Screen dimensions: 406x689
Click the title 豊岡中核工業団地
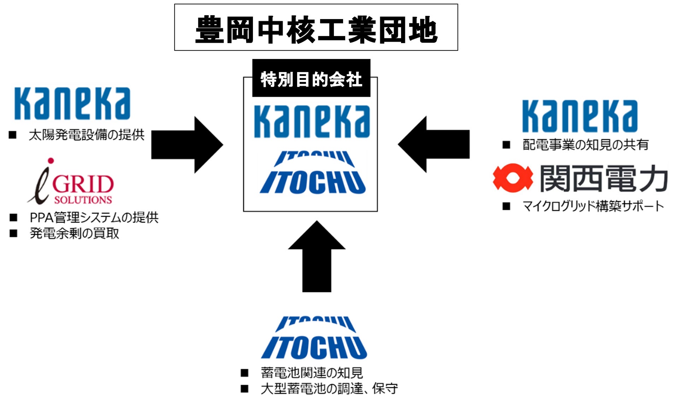(x=316, y=29)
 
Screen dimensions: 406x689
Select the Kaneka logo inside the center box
(x=312, y=121)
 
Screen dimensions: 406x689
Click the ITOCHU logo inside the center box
(x=313, y=173)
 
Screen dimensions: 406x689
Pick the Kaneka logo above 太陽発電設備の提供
(x=72, y=104)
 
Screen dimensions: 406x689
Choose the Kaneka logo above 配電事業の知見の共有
(x=580, y=116)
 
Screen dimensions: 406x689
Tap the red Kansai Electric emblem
(x=513, y=178)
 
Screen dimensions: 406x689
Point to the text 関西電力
(x=604, y=178)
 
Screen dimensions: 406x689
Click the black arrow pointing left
(x=434, y=144)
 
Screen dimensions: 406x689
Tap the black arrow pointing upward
(x=317, y=257)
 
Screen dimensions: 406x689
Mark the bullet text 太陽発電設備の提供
(x=87, y=135)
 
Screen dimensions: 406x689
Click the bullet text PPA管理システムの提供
(x=94, y=217)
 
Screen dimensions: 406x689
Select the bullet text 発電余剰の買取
(x=74, y=233)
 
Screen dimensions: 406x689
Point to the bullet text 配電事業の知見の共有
(x=585, y=145)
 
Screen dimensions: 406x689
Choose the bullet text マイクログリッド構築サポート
(x=593, y=206)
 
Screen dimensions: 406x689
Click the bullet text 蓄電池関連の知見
(x=312, y=373)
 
